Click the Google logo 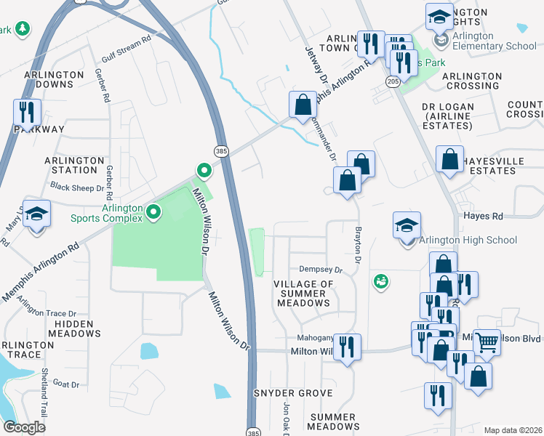pos(24,427)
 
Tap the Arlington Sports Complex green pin pos(153,212)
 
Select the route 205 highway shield pos(393,80)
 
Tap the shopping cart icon pos(487,340)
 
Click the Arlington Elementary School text pos(494,41)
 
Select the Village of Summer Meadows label pos(304,293)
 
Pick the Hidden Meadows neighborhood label pos(75,328)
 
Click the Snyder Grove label pos(293,393)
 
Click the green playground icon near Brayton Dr pos(380,281)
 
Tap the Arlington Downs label pos(59,79)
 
